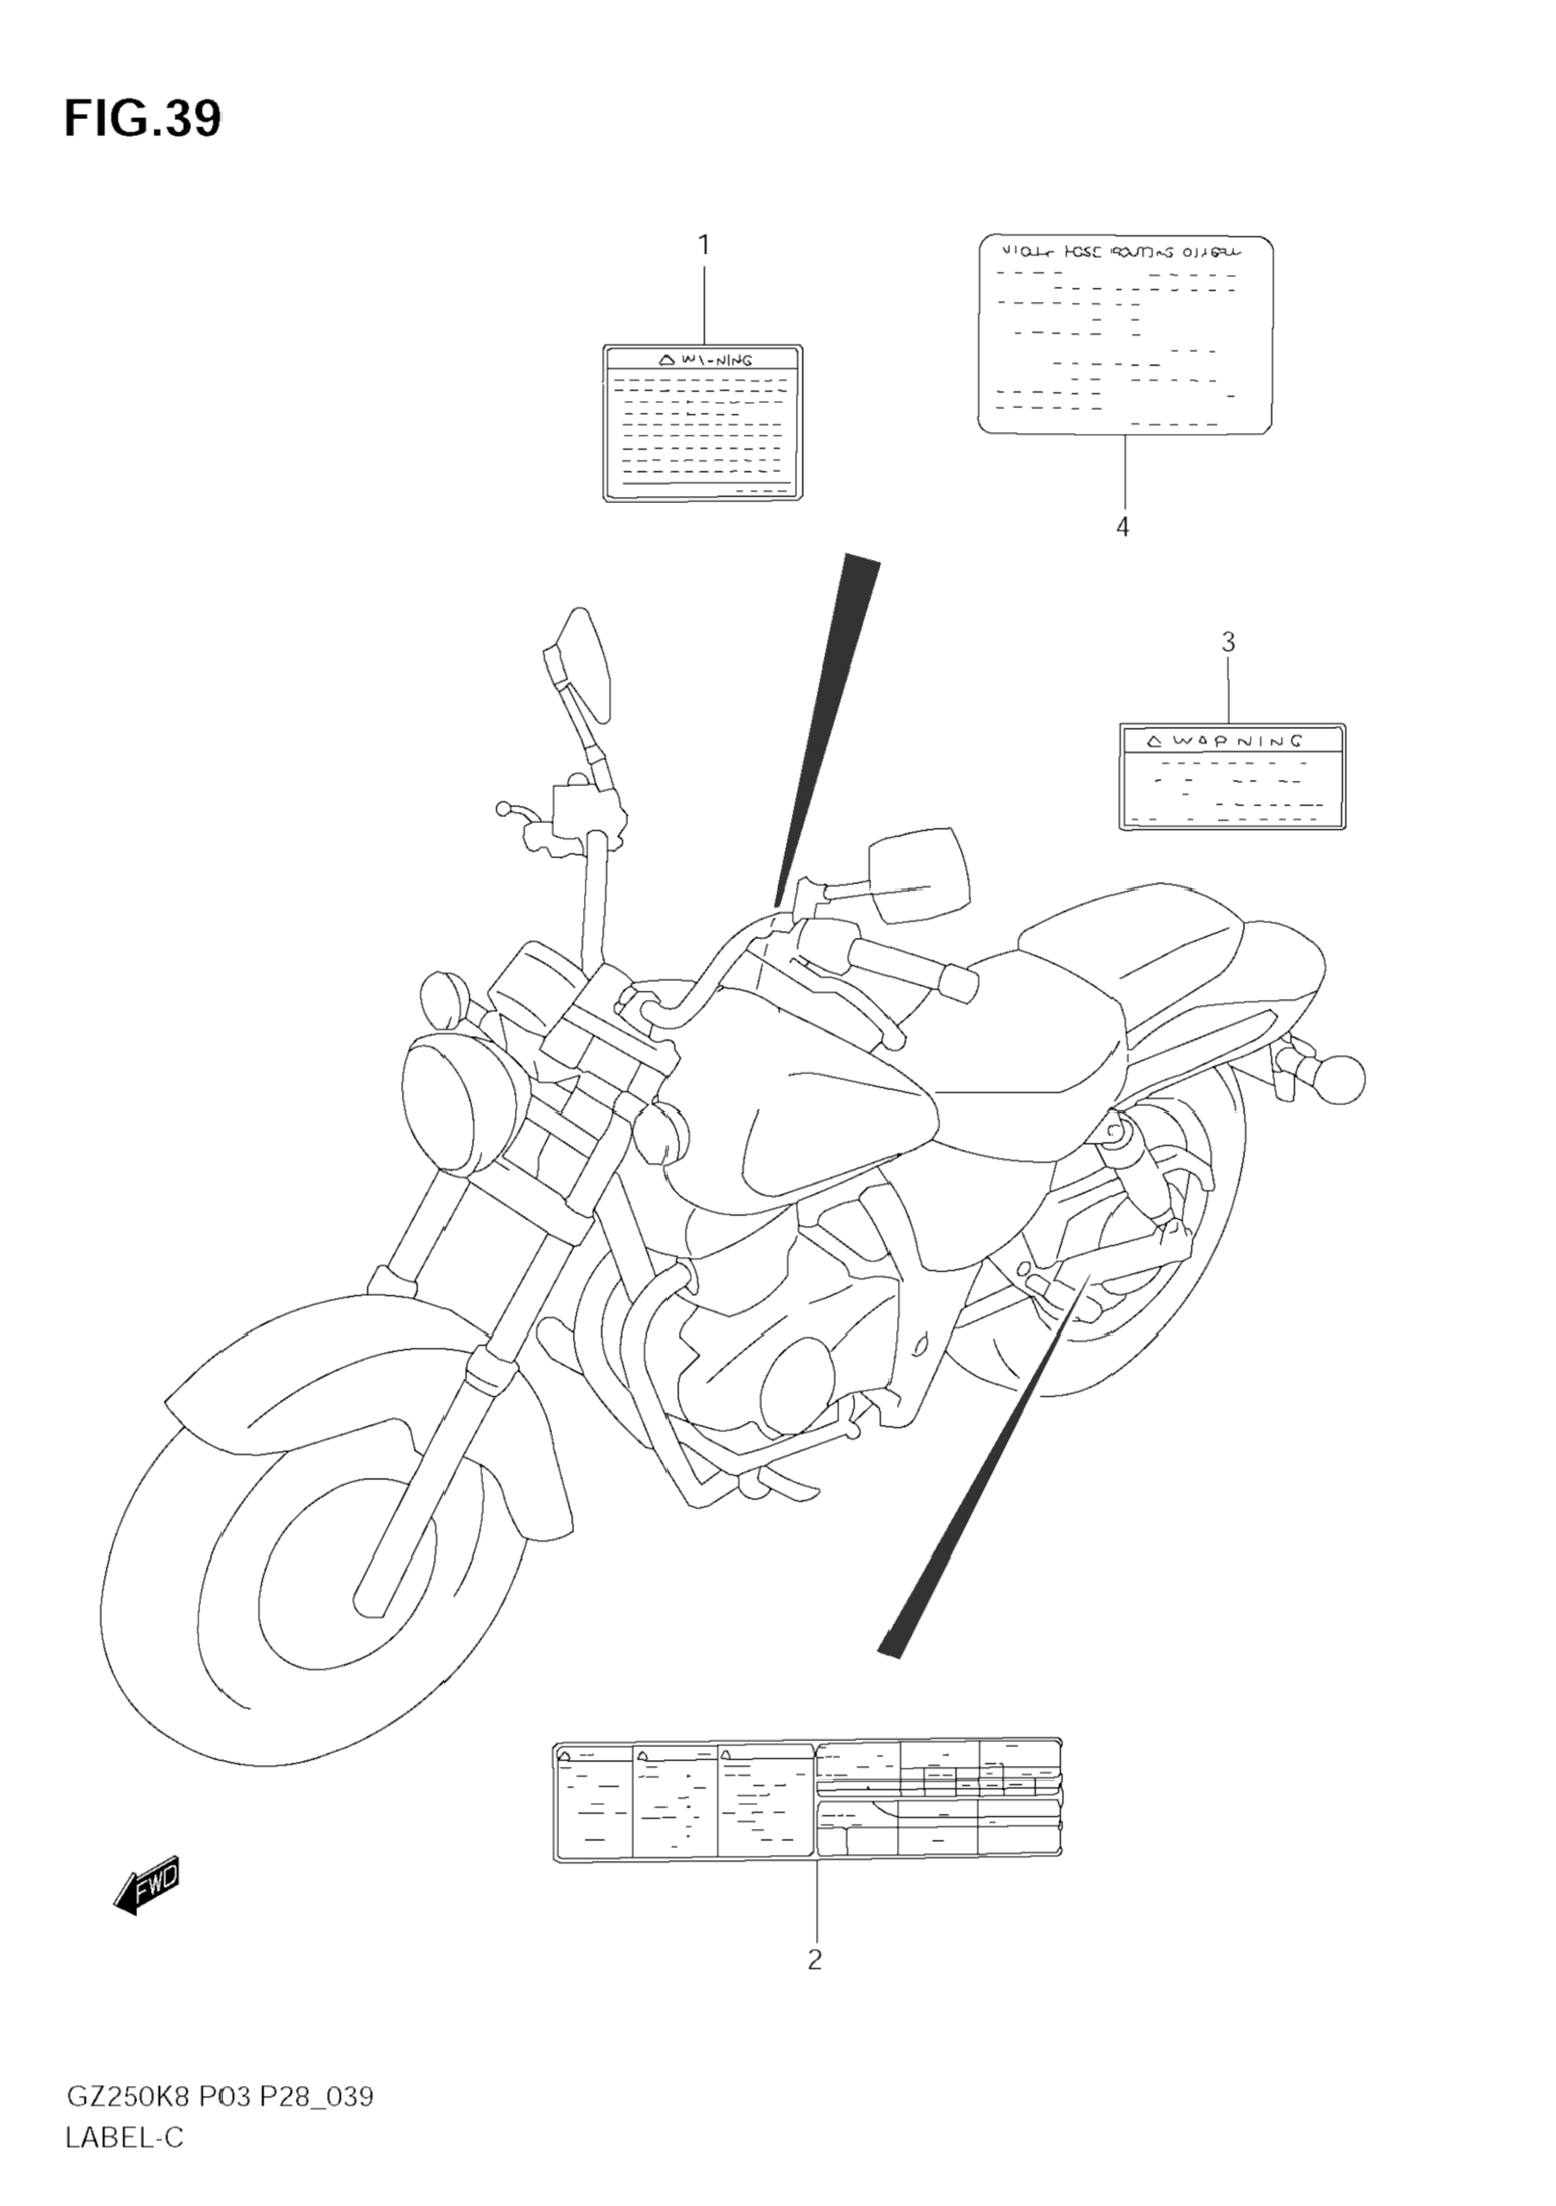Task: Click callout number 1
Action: point(703,246)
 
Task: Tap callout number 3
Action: point(1227,643)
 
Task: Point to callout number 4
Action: point(1122,526)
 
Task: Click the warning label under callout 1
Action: point(702,423)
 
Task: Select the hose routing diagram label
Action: point(1126,336)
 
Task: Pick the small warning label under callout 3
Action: point(1233,776)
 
